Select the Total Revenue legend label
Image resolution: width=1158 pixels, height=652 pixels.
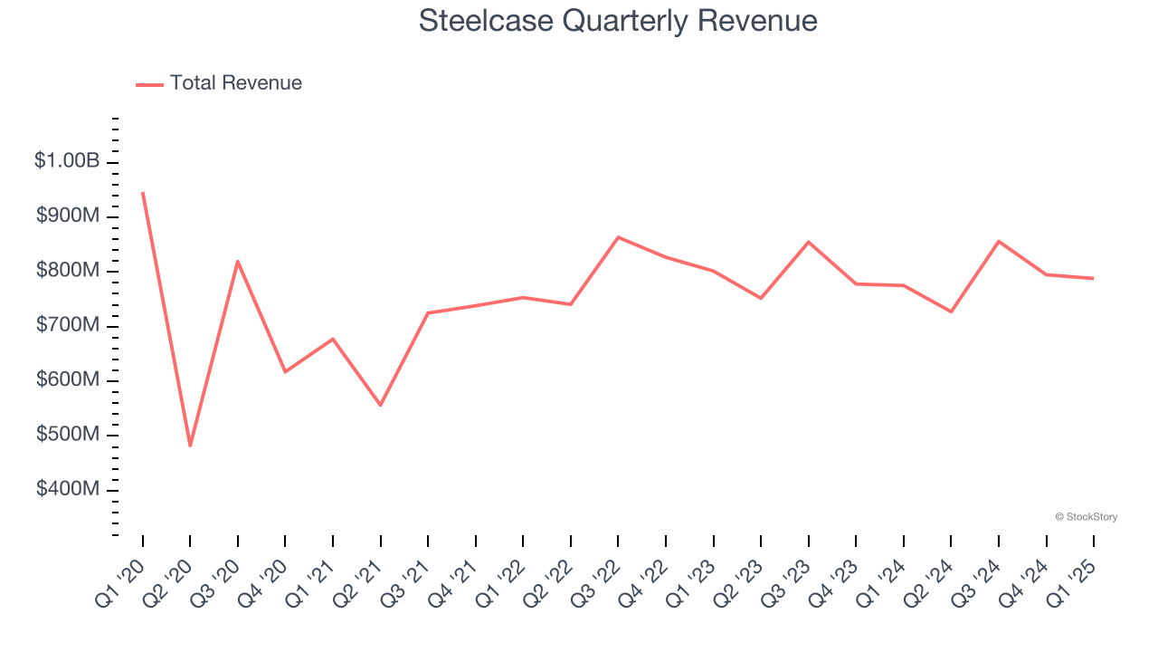coord(235,83)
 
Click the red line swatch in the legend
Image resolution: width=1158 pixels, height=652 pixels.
coord(149,84)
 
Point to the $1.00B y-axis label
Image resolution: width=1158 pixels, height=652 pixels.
coord(67,161)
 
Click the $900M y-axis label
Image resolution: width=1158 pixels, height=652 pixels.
coord(68,216)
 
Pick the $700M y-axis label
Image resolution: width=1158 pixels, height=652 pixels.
coord(68,325)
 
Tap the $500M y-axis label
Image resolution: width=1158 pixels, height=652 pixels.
coord(68,435)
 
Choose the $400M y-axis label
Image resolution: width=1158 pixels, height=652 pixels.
coord(68,489)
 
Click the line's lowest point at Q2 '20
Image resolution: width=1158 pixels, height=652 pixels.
coord(190,446)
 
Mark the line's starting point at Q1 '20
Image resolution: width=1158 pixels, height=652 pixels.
coord(143,193)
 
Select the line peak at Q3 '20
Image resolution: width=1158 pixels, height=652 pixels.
coord(238,262)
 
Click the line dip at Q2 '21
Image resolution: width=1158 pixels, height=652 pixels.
coord(381,405)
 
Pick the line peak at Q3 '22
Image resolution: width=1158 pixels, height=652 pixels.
coord(618,237)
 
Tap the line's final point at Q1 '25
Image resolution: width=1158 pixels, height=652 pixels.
coord(1093,278)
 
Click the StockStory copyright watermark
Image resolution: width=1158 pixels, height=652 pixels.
coord(1086,517)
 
